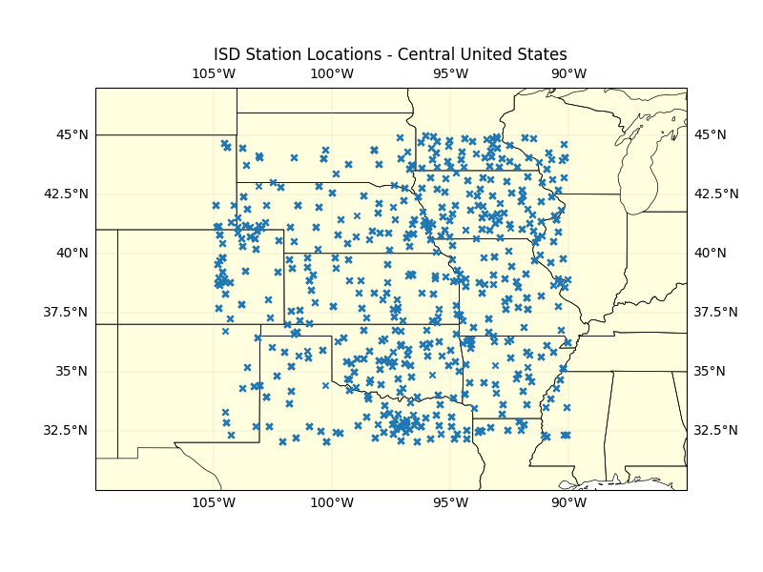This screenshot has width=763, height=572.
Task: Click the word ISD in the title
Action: tap(227, 54)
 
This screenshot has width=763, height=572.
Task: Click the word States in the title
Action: tap(543, 54)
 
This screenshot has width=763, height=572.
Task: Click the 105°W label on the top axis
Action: tap(214, 74)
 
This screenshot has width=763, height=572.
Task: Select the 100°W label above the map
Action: tap(332, 74)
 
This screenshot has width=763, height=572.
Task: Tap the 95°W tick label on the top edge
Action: tap(450, 74)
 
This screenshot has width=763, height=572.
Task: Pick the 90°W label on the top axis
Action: tap(568, 74)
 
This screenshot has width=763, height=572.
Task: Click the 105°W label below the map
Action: tap(214, 503)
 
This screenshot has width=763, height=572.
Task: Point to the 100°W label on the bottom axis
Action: tap(332, 503)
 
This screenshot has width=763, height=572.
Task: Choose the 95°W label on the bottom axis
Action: tap(450, 503)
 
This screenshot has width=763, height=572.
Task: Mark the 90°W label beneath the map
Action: tap(568, 503)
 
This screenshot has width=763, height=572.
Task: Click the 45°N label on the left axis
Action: tap(72, 134)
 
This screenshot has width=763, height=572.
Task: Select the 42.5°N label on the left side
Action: tap(66, 194)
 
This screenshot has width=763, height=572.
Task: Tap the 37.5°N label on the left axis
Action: tap(66, 312)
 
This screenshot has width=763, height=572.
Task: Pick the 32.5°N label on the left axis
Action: tap(66, 430)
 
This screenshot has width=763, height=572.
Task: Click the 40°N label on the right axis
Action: tap(710, 253)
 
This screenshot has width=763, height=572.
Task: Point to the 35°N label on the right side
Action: tap(710, 371)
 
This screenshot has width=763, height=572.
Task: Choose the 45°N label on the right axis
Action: tap(710, 134)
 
